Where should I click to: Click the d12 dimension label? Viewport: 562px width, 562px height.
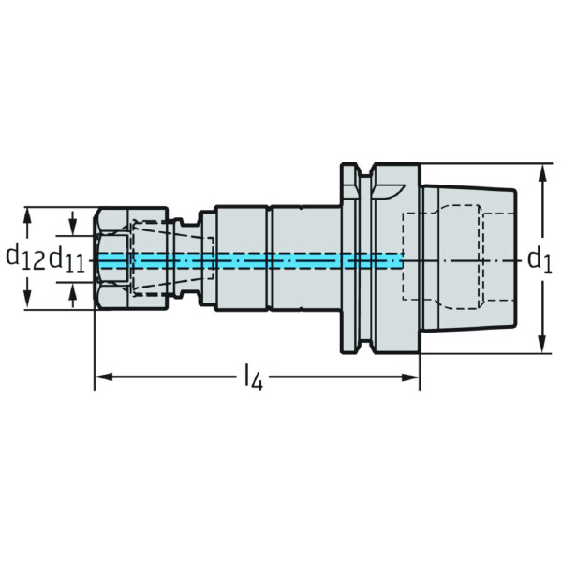[24, 258]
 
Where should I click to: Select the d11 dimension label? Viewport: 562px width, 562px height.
[67, 259]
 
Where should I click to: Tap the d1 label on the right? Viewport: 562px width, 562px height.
[538, 259]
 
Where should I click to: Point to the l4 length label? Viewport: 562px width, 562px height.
[253, 378]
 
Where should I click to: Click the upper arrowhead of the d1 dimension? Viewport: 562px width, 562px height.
[542, 171]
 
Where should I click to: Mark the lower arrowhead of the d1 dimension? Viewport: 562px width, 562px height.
[542, 347]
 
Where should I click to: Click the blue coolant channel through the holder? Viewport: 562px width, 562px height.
[281, 259]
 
